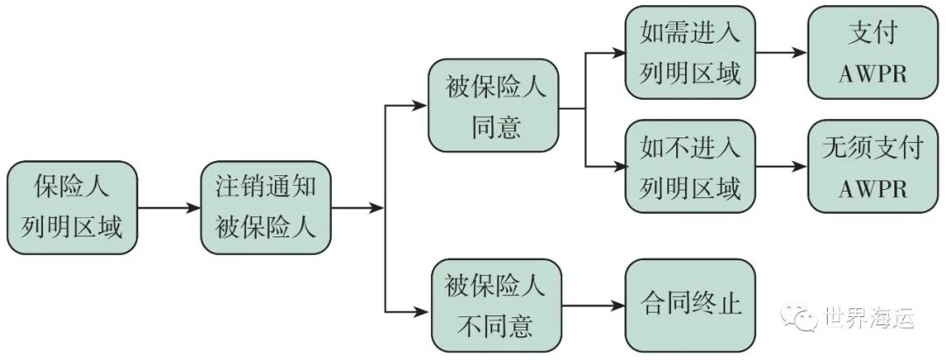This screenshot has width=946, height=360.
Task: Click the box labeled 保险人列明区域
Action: coord(72,208)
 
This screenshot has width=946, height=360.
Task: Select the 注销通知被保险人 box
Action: coord(266,208)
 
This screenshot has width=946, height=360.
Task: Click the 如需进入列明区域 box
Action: coord(689,53)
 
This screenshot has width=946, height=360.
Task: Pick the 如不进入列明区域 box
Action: coord(689,166)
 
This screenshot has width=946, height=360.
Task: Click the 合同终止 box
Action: coord(689,305)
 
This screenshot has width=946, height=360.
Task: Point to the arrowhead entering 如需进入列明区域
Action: coord(617,53)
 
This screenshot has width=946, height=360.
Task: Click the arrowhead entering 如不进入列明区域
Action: coord(617,166)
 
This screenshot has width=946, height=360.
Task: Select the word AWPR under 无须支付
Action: coord(865,187)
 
